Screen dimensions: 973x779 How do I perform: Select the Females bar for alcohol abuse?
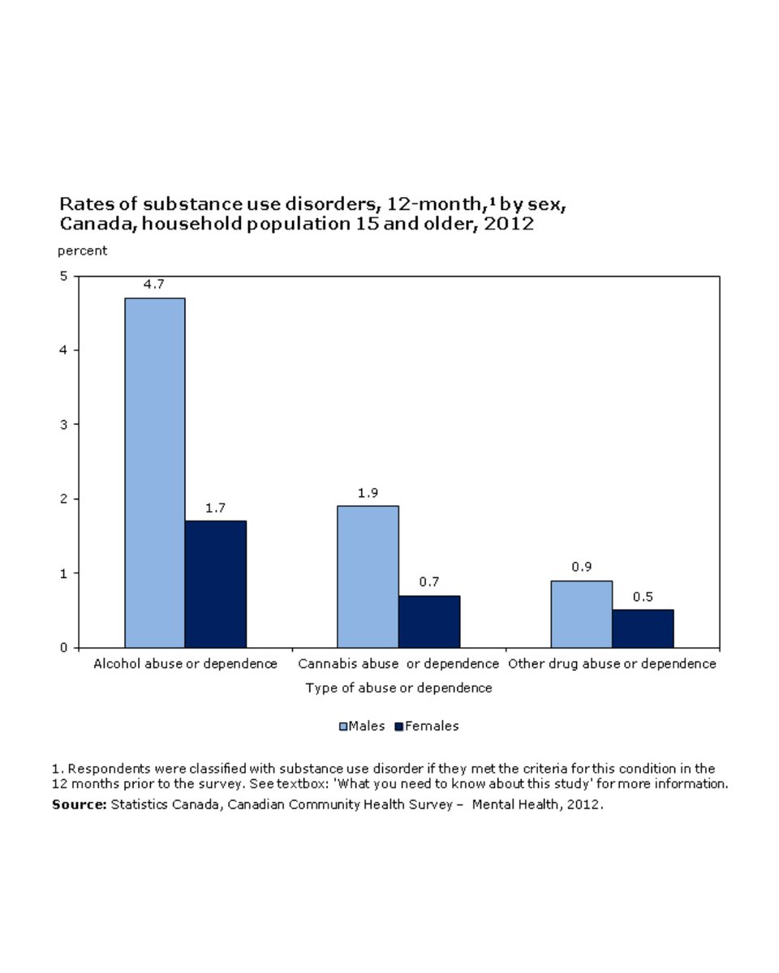[x=215, y=584]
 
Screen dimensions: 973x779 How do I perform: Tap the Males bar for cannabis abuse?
[x=368, y=577]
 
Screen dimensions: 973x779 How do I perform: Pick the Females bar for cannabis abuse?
[x=428, y=621]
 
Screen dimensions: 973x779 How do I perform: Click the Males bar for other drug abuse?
[x=581, y=614]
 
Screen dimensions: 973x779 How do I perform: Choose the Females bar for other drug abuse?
[x=643, y=628]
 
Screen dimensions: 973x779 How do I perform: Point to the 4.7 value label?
[x=154, y=285]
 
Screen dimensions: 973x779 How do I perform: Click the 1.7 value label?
[x=215, y=508]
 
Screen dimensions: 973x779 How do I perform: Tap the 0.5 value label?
[x=643, y=597]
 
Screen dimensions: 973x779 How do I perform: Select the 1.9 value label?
[x=368, y=493]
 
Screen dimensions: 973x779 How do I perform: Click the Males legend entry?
[x=362, y=726]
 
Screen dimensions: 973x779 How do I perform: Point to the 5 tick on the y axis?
[x=64, y=276]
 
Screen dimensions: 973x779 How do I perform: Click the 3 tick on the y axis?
[x=64, y=424]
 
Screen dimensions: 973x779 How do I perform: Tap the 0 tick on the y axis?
[x=64, y=648]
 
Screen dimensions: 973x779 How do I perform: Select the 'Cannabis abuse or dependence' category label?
[x=398, y=664]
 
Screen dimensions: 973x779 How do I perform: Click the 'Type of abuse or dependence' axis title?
[x=398, y=688]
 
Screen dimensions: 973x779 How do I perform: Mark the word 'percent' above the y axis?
[x=82, y=251]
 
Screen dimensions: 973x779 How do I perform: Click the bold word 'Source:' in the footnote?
[x=80, y=804]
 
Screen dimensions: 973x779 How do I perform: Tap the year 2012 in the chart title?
[x=509, y=224]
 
